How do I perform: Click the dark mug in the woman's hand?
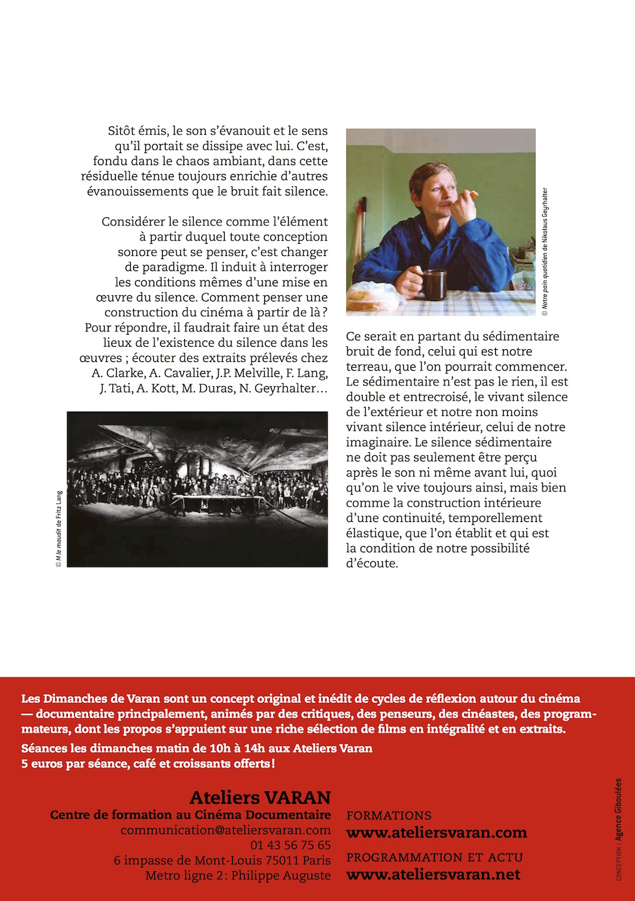435,284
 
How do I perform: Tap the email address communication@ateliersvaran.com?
225,830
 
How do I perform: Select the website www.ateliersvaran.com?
436,832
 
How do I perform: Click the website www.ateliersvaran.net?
433,874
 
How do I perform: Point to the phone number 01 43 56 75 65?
290,845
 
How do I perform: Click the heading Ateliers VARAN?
260,798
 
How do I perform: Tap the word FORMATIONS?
389,815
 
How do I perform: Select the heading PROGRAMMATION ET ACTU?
434,857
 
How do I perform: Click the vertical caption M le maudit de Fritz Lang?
59,528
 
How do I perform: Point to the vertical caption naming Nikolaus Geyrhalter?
545,251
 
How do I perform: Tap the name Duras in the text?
217,388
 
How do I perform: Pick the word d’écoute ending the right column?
371,563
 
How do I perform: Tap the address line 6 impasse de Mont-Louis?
222,860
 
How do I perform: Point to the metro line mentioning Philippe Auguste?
237,876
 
